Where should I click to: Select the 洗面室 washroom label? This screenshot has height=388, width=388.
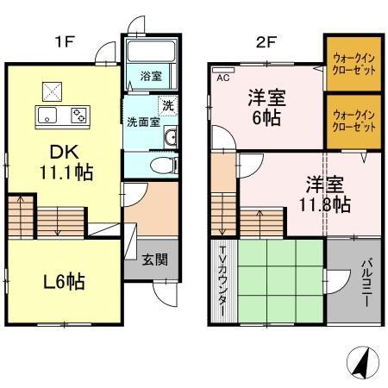(141, 121)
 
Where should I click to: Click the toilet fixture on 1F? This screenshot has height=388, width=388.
(161, 165)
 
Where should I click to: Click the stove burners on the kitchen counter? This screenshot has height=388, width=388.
(78, 116)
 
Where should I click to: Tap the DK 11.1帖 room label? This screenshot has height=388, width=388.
(66, 160)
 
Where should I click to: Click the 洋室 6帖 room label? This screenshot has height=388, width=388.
(267, 107)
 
